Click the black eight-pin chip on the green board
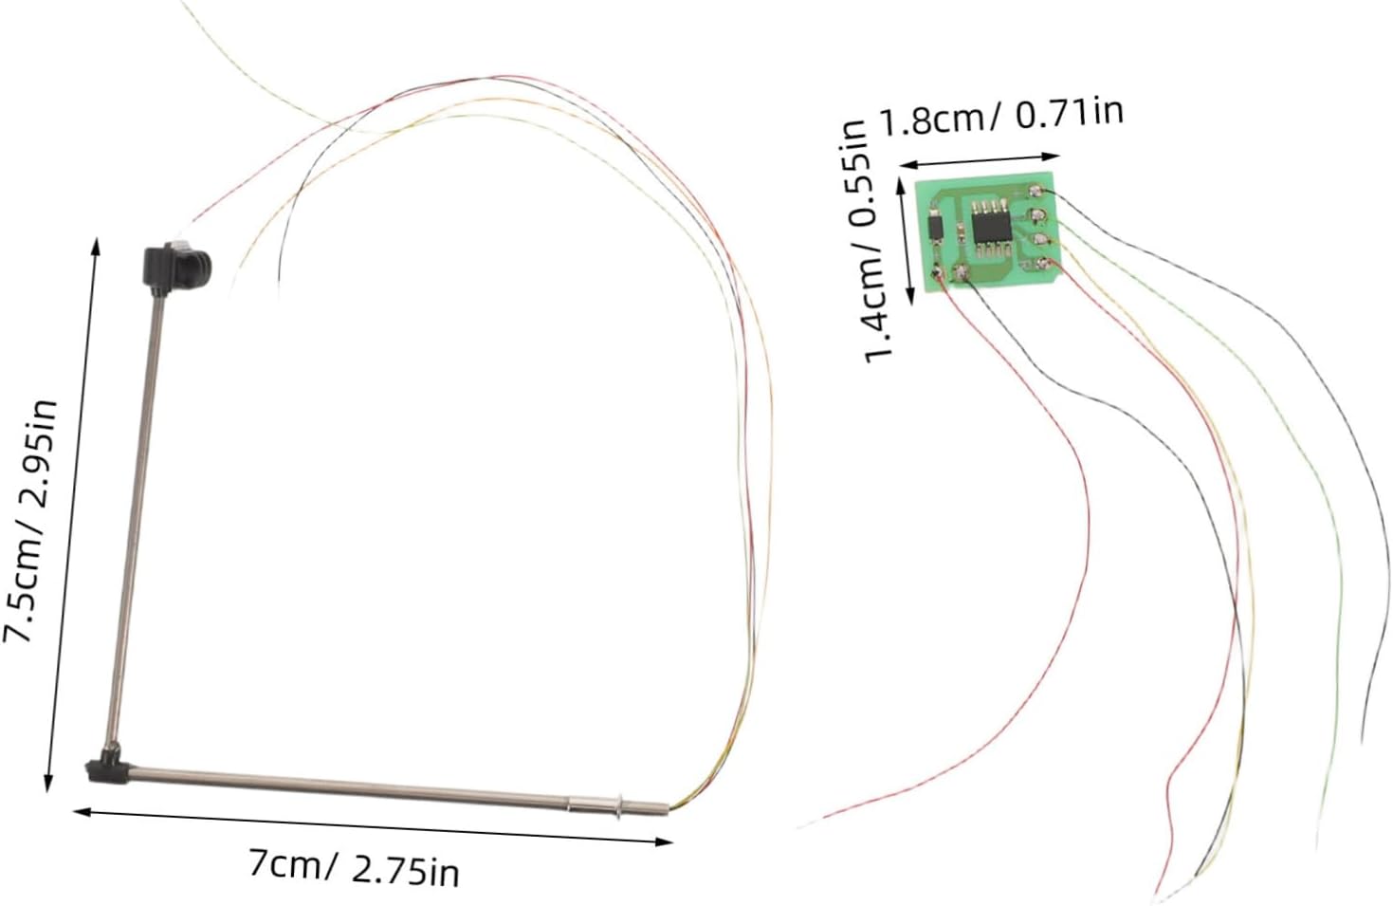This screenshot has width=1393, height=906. (989, 228)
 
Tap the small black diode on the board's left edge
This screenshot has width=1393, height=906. (935, 229)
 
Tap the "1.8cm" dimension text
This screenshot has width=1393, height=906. (934, 121)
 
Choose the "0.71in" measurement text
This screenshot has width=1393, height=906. (1070, 114)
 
